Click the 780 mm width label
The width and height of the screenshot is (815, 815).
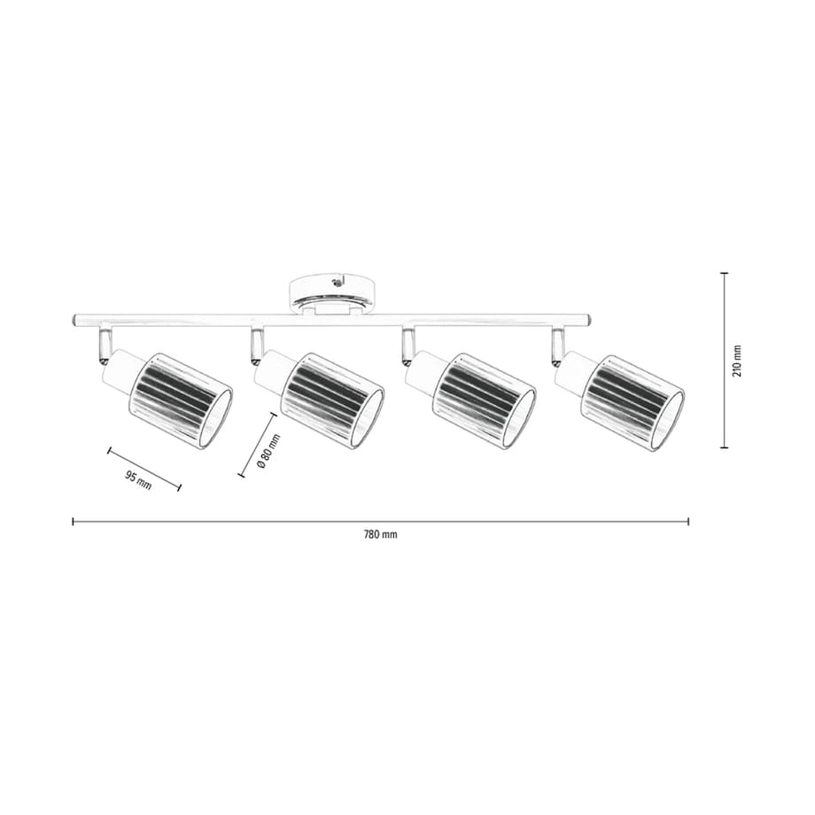click(380, 535)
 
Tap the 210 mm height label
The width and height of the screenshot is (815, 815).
click(738, 361)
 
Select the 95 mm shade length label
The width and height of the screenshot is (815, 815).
click(138, 480)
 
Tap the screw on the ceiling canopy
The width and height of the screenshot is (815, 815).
click(335, 283)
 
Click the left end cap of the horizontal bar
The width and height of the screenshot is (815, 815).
click(74, 319)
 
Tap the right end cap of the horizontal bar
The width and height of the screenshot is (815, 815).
click(586, 319)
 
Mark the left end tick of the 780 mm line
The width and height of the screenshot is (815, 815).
click(73, 522)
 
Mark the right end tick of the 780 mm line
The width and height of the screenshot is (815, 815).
click(688, 522)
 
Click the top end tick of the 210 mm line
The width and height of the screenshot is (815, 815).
click(724, 274)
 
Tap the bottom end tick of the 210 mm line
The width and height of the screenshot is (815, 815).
click(724, 447)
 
